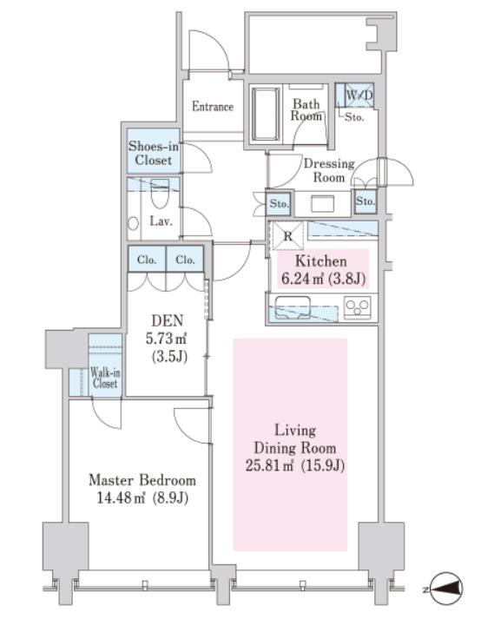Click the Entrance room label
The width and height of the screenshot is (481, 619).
click(213, 106)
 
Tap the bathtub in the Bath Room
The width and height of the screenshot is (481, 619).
click(266, 115)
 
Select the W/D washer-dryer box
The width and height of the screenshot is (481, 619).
click(359, 95)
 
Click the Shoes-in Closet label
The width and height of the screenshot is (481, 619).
click(153, 153)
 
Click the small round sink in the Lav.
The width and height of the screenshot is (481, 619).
click(134, 223)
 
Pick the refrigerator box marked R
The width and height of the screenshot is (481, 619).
click(288, 235)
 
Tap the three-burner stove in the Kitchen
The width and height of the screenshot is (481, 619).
click(358, 307)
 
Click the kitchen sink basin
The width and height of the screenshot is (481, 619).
click(293, 307)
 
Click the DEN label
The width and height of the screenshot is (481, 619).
click(168, 320)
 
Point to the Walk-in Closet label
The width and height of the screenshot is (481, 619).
click(105, 378)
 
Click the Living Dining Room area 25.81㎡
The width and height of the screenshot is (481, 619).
click(270, 465)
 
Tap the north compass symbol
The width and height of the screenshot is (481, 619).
click(446, 589)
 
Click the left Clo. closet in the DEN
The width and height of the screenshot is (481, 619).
click(147, 260)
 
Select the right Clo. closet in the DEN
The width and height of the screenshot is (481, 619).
click(185, 260)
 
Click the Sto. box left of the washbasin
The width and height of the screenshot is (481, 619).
click(280, 204)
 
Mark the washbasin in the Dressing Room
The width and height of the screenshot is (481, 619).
click(323, 205)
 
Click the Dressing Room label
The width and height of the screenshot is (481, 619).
click(329, 170)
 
